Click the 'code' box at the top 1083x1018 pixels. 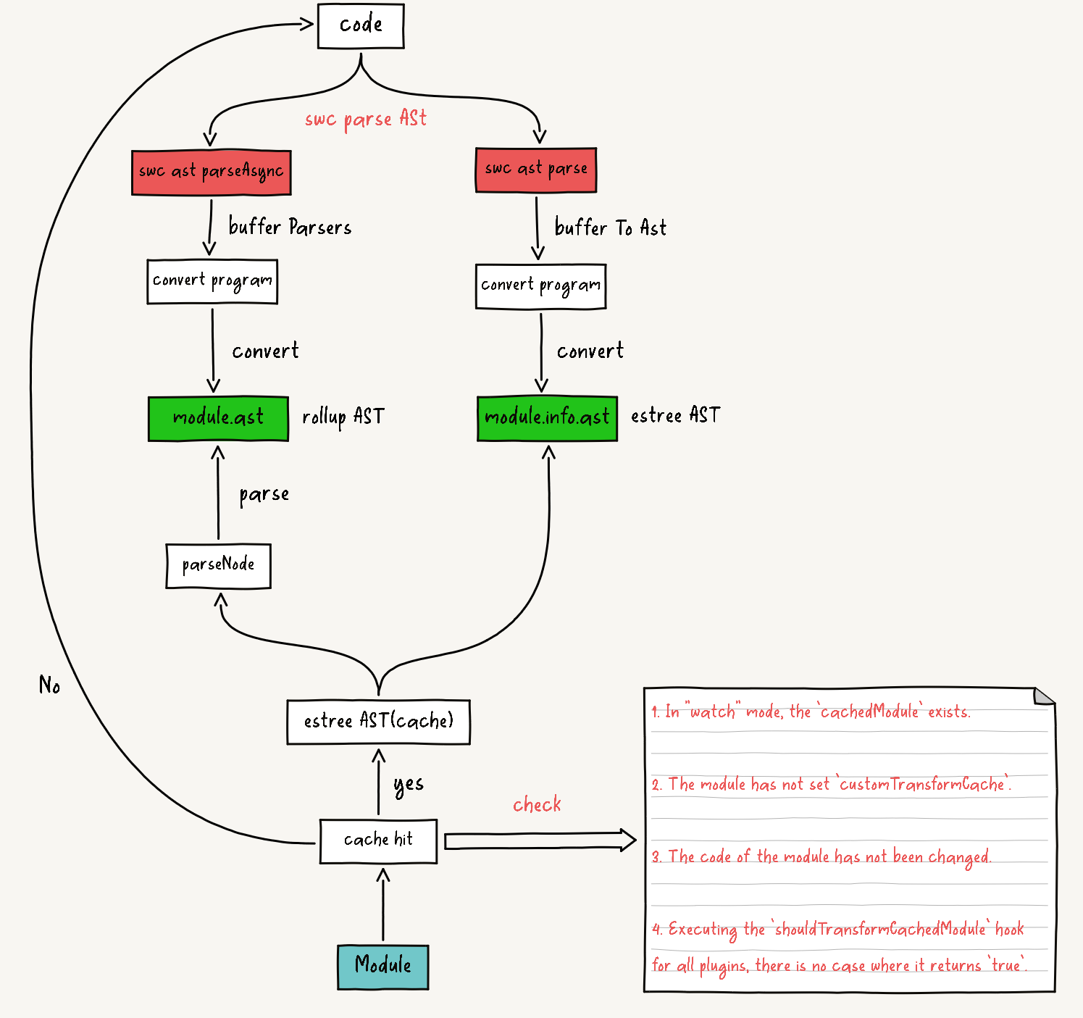[361, 26]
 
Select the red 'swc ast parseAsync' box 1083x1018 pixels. [212, 172]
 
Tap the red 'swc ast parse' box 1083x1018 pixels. [536, 170]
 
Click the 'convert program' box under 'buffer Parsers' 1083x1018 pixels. [212, 281]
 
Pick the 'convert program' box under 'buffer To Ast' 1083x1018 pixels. [540, 286]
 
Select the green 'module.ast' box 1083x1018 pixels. [218, 418]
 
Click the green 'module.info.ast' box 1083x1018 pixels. [547, 418]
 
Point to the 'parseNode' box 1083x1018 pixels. [218, 565]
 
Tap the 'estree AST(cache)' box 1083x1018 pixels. [378, 722]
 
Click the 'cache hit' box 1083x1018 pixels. [378, 840]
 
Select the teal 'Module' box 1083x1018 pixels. [382, 967]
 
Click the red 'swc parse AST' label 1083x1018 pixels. [366, 119]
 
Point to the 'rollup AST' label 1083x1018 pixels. [343, 417]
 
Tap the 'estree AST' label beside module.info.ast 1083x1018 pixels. [675, 415]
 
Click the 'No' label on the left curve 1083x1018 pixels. [49, 685]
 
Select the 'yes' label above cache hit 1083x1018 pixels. [409, 785]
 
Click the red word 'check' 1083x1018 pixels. [537, 805]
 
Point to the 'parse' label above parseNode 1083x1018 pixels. [264, 495]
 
